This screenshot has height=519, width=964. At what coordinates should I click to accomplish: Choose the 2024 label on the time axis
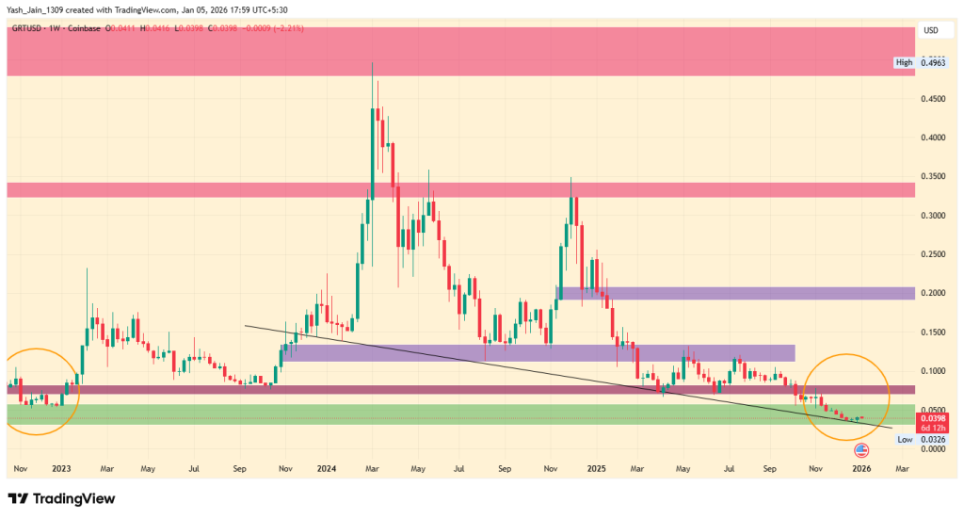pos(328,467)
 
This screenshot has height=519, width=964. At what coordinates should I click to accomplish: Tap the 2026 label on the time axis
pos(861,467)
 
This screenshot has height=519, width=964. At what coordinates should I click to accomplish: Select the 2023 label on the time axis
pos(61,467)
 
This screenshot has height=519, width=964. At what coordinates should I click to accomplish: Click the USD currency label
pos(931,30)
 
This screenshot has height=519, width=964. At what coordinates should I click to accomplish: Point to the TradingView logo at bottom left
pos(61,498)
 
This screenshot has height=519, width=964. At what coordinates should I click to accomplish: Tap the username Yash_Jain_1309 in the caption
pos(39,9)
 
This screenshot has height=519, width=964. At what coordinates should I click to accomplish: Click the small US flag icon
pos(860,451)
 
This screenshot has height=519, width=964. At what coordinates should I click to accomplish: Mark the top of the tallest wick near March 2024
pos(373,63)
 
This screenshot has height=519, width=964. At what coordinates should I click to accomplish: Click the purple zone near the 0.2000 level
pos(734,293)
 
